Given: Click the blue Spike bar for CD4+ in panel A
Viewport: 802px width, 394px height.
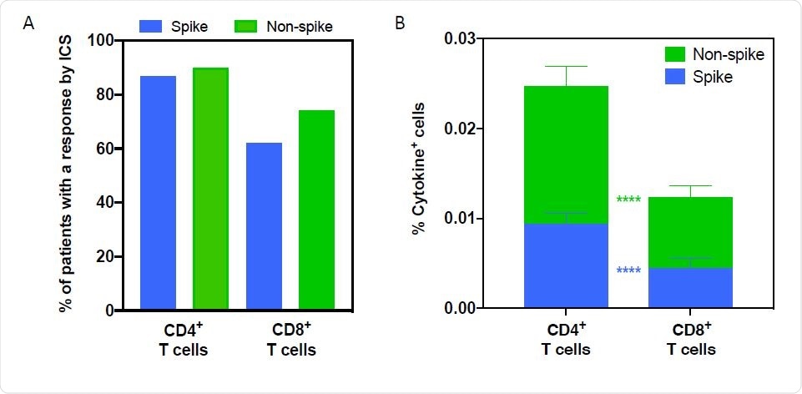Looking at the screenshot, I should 158,193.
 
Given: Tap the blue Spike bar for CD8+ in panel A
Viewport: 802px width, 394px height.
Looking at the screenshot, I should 264,226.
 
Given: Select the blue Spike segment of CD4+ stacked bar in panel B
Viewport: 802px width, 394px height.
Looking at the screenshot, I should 566,266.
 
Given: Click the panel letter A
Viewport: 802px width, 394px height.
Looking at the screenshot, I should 28,23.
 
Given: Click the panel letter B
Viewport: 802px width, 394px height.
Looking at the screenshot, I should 400,23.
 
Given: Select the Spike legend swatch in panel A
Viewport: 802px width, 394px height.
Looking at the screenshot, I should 156,27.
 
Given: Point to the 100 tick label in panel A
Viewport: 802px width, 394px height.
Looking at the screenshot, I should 100,41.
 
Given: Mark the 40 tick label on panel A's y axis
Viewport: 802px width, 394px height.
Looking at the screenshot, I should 104,203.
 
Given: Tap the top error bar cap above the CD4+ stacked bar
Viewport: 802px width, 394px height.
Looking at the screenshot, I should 566,66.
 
